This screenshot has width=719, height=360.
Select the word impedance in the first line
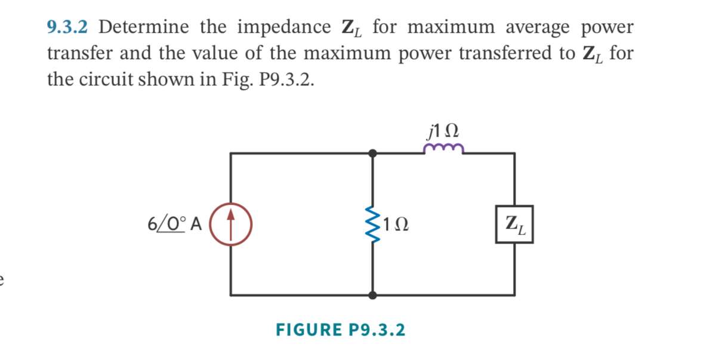pyautogui.click(x=284, y=27)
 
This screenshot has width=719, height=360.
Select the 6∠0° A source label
pyautogui.click(x=174, y=224)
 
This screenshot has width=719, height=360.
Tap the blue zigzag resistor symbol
pyautogui.click(x=372, y=224)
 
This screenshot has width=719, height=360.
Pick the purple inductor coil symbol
pyautogui.click(x=443, y=149)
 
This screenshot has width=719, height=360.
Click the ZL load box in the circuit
pyautogui.click(x=514, y=224)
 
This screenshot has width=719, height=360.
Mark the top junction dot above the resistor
pyautogui.click(x=372, y=153)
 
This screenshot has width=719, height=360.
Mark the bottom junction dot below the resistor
pyautogui.click(x=372, y=295)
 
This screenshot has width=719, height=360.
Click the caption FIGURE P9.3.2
pyautogui.click(x=340, y=330)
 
